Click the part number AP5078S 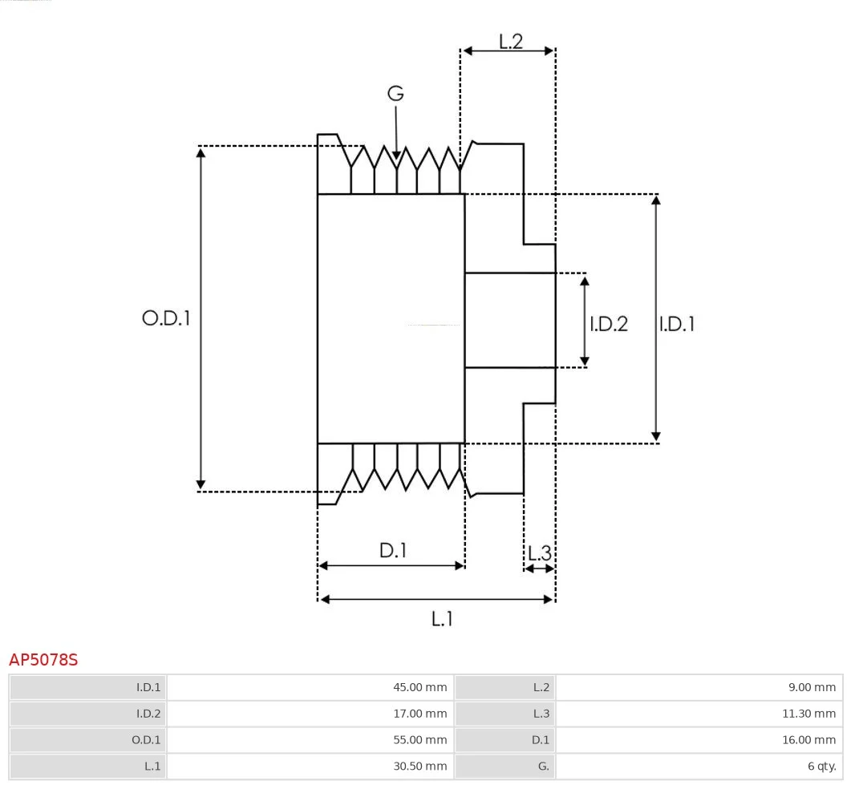43,660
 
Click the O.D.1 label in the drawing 166,318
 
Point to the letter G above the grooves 395,94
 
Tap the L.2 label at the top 510,42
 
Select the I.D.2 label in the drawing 609,324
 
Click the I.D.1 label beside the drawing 677,324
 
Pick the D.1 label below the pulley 393,551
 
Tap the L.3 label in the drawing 539,552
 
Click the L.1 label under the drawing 442,618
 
